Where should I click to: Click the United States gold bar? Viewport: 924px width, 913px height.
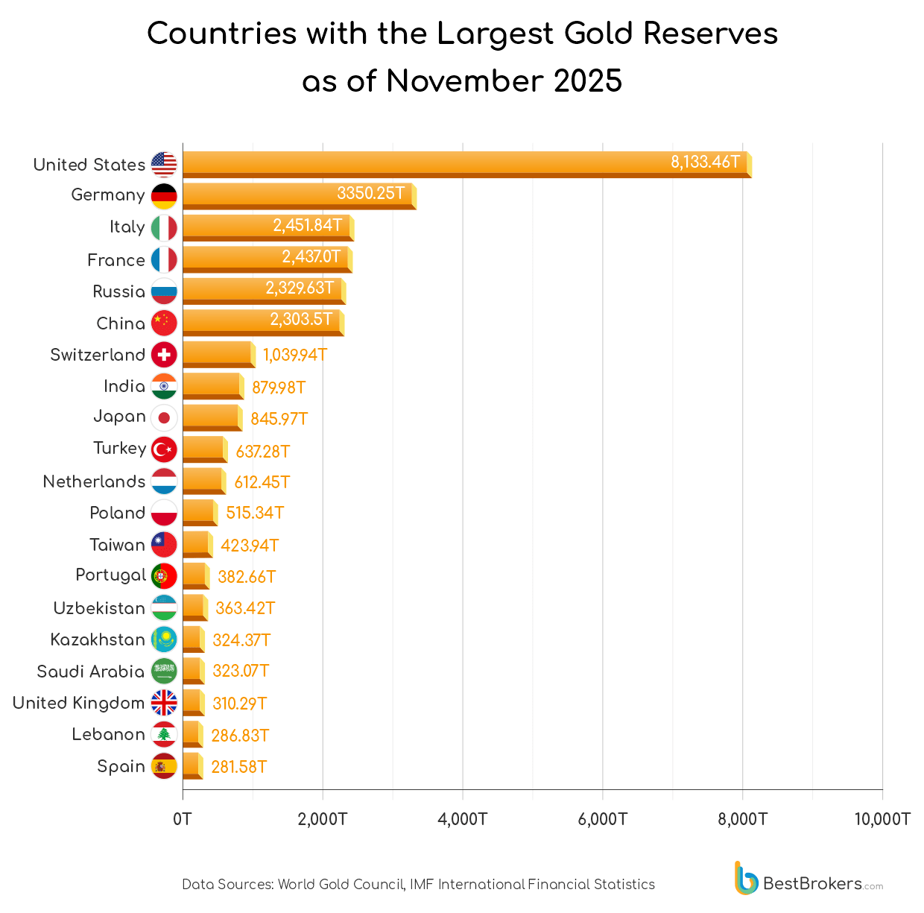point(466,164)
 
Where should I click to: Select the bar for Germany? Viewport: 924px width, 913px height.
point(298,195)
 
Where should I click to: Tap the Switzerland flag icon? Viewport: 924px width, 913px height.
point(164,355)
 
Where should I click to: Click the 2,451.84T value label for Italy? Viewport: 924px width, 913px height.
point(307,225)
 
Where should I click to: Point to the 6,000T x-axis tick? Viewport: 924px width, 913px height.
point(602,819)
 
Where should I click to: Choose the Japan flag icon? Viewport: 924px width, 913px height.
point(164,417)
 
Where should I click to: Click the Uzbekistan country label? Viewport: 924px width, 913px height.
point(99,608)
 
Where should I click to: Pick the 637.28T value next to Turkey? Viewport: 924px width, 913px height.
point(262,452)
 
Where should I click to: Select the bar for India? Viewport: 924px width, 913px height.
point(212,386)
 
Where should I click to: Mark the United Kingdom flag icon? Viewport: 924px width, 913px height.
point(164,703)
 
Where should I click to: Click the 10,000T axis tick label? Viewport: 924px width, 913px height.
point(882,819)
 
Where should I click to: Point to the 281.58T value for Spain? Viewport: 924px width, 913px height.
point(238,767)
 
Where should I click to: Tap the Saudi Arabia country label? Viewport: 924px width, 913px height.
point(90,672)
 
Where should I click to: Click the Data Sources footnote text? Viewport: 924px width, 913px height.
point(418,885)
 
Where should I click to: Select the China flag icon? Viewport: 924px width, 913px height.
point(164,323)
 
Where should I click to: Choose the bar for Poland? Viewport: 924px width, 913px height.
point(199,513)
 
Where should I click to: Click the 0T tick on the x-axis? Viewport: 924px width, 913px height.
point(183,819)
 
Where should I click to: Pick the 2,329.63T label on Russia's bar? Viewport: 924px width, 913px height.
point(300,288)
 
